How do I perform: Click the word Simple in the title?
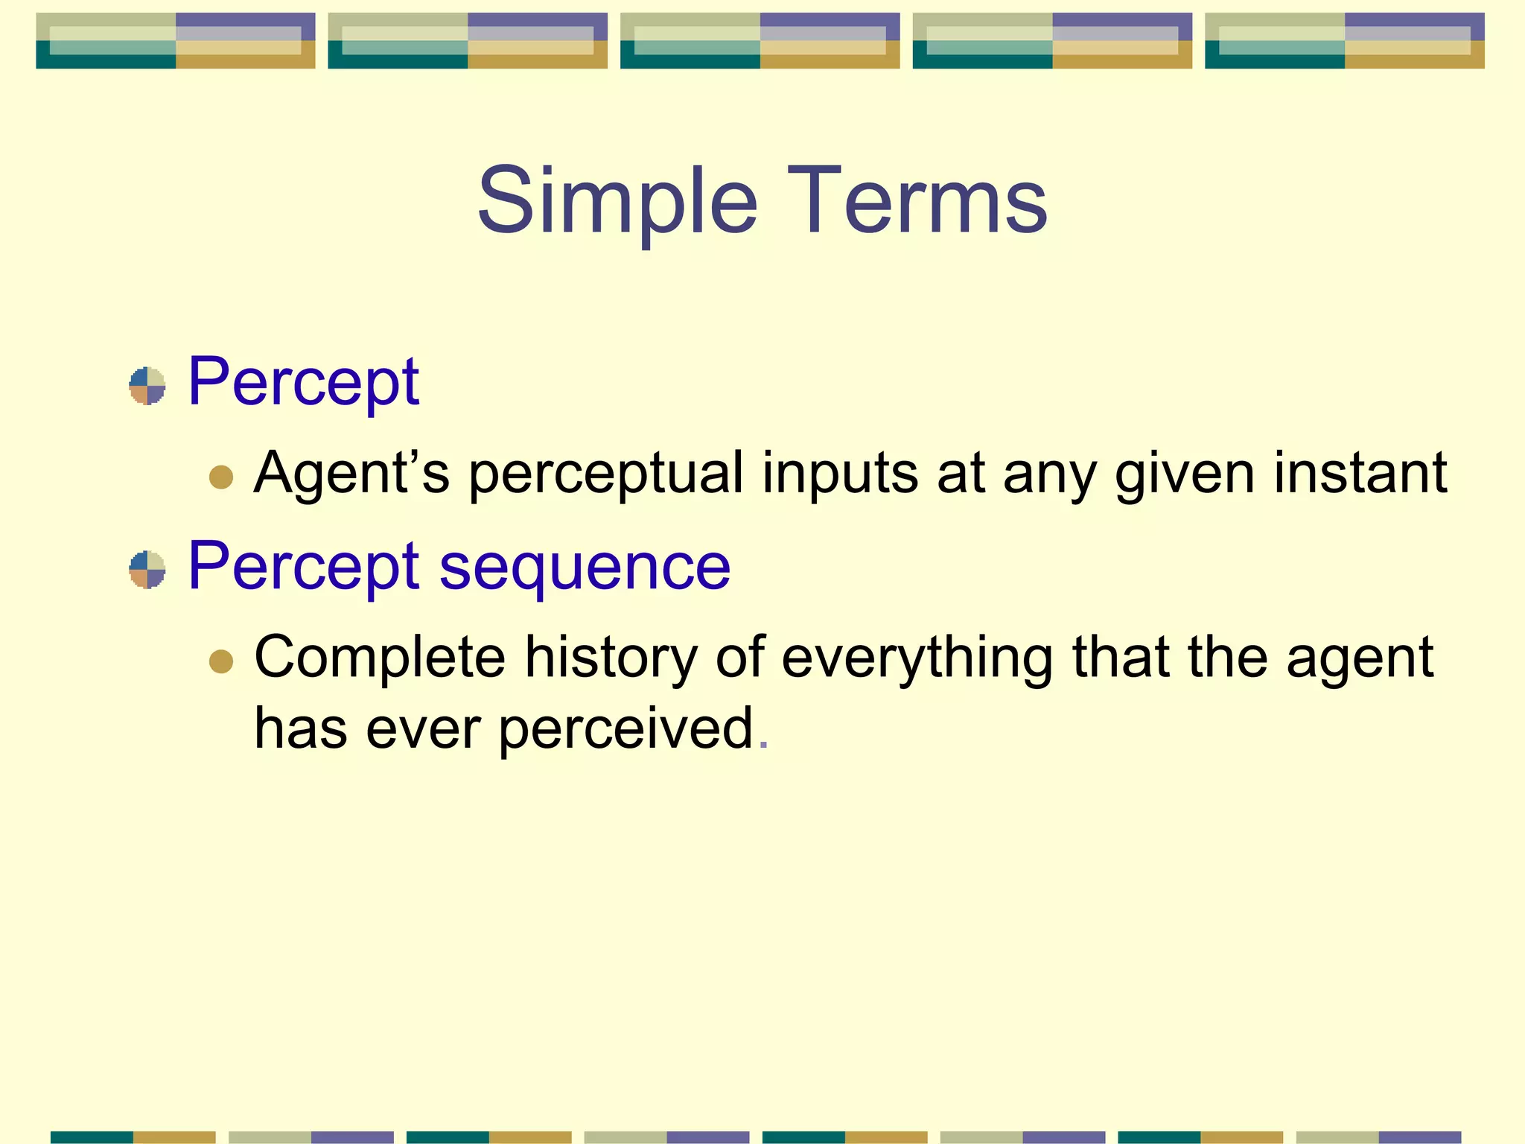[x=617, y=202]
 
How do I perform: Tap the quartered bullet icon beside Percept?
[x=147, y=386]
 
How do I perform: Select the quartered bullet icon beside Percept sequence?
[x=147, y=570]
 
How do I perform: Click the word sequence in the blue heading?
[x=585, y=568]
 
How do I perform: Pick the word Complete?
[x=380, y=658]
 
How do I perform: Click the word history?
[x=611, y=658]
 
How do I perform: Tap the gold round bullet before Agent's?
[x=221, y=477]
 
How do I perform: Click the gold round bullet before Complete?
[x=221, y=661]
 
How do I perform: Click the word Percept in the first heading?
[x=303, y=383]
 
